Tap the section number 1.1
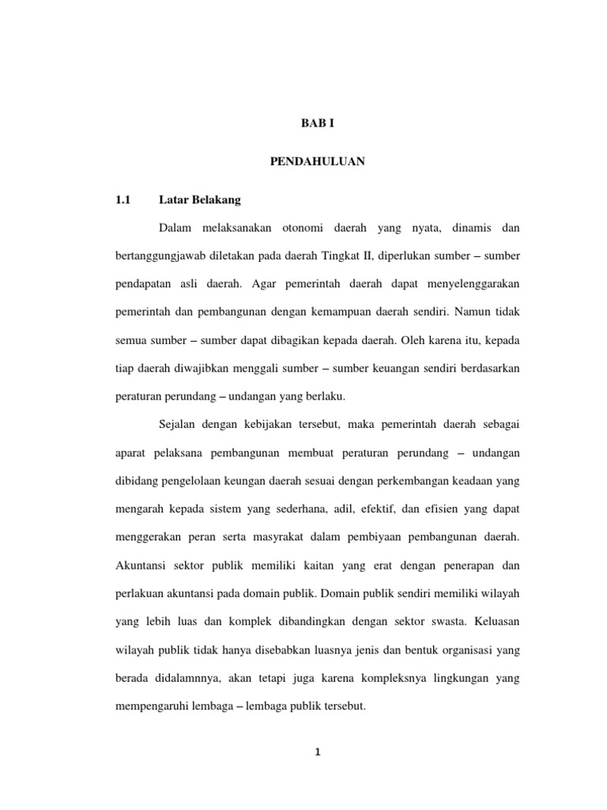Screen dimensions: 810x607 pyautogui.click(x=121, y=199)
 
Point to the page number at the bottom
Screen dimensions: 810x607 pyautogui.click(x=315, y=752)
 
